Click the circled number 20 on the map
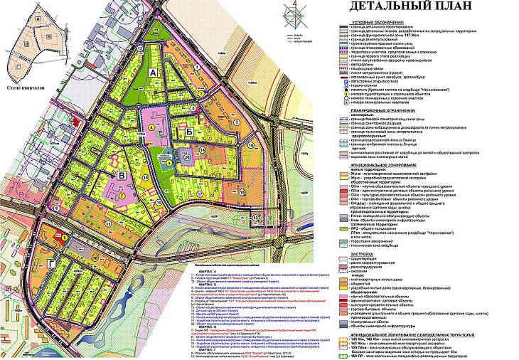(x=188, y=155)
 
